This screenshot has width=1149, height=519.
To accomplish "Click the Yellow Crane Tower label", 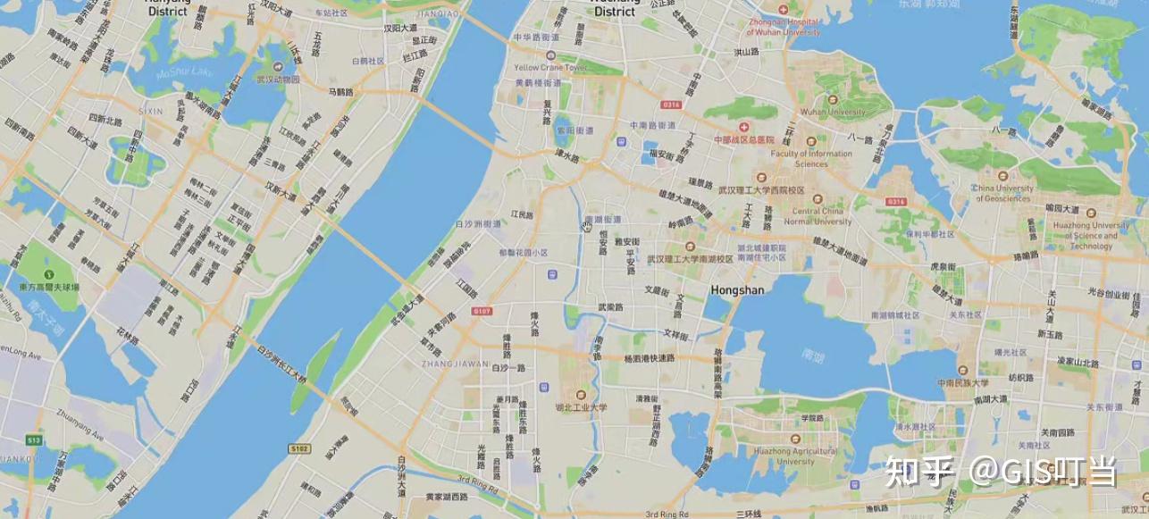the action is pyautogui.click(x=550, y=68).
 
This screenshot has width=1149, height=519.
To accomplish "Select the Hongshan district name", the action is pyautogui.click(x=739, y=289).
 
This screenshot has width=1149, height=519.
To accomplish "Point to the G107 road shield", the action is pyautogui.click(x=482, y=311).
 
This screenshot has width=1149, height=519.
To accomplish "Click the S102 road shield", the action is pyautogui.click(x=299, y=448).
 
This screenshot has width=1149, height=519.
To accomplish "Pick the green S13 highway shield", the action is pyautogui.click(x=34, y=440).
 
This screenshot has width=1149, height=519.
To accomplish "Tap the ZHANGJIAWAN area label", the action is pyautogui.click(x=455, y=364).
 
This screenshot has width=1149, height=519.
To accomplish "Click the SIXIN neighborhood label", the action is pyautogui.click(x=151, y=111).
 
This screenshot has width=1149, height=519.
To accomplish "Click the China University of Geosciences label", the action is pyautogui.click(x=1002, y=193).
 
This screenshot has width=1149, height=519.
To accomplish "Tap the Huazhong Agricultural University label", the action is pyautogui.click(x=796, y=456).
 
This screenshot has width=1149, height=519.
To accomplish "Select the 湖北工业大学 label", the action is pyautogui.click(x=581, y=407).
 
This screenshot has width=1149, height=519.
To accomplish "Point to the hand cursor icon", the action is pyautogui.click(x=587, y=226).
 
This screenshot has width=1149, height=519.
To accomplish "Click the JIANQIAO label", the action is pyautogui.click(x=437, y=14).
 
